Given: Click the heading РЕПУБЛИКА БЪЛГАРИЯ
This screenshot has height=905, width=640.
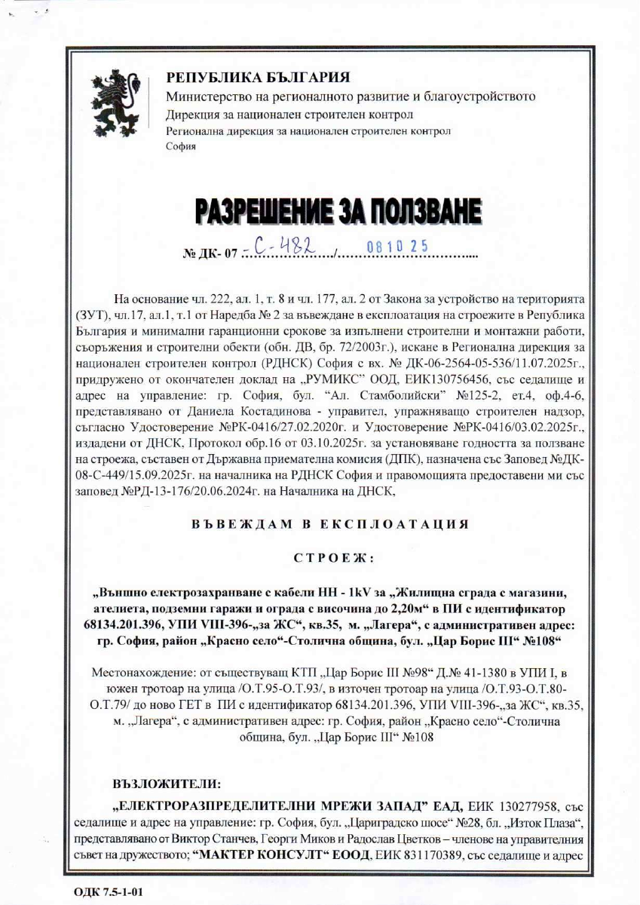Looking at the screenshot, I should coord(258,77).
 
